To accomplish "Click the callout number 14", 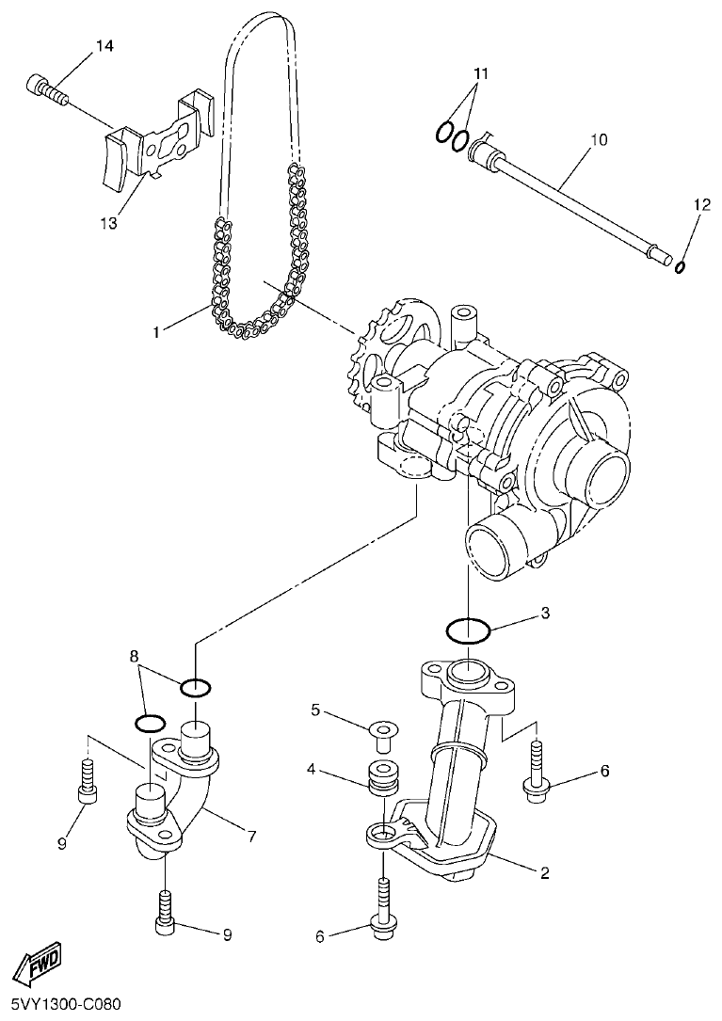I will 104,46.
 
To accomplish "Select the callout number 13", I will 108,223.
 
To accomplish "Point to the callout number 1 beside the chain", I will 159,331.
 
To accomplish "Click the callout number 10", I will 598,140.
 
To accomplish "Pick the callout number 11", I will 481,73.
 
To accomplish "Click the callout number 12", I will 699,203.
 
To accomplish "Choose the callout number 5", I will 317,709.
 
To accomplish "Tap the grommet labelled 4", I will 382,775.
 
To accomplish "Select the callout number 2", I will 544,872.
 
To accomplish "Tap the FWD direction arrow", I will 39,963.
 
